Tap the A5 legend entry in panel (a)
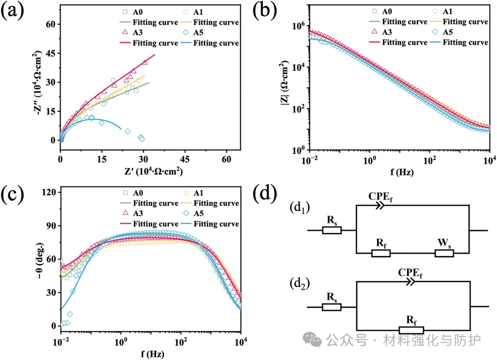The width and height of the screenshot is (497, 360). pyautogui.click(x=193, y=32)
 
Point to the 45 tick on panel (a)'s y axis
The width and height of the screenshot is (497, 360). pyautogui.click(x=51, y=53)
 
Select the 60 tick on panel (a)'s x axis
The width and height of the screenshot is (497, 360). pyautogui.click(x=226, y=159)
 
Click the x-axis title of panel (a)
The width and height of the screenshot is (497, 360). pyautogui.click(x=153, y=171)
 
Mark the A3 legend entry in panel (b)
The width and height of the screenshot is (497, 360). pyautogui.click(x=382, y=32)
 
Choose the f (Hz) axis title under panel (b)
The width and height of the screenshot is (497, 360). pyautogui.click(x=402, y=172)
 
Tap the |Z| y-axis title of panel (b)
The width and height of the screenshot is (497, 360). pyautogui.click(x=284, y=82)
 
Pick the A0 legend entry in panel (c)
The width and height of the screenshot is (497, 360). pyautogui.click(x=133, y=193)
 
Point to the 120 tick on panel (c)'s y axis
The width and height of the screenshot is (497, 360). pyautogui.click(x=48, y=192)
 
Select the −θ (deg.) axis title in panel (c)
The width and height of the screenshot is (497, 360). pyautogui.click(x=40, y=261)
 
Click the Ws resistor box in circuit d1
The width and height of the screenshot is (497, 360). pyautogui.click(x=444, y=253)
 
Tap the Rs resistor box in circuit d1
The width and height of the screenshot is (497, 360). pyautogui.click(x=331, y=230)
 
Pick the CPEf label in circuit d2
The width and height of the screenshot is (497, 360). pyautogui.click(x=410, y=273)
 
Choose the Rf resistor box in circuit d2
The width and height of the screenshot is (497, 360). pyautogui.click(x=411, y=330)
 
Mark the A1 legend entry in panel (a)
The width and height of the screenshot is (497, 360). pyautogui.click(x=193, y=12)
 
